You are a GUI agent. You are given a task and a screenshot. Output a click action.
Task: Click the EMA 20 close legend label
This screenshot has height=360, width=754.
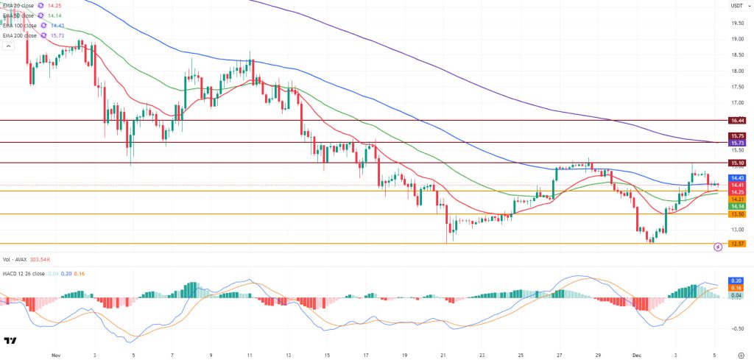23,5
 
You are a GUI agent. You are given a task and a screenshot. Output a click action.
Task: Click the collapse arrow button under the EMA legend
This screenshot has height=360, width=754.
8,46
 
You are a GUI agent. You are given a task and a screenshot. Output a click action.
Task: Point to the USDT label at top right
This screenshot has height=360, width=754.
736,5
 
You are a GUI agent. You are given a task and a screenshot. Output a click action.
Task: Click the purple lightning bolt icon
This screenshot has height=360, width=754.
718,248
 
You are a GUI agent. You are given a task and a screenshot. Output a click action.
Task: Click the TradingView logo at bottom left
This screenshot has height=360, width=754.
10,341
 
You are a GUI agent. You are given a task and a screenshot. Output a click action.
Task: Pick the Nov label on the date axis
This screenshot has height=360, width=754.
55,353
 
